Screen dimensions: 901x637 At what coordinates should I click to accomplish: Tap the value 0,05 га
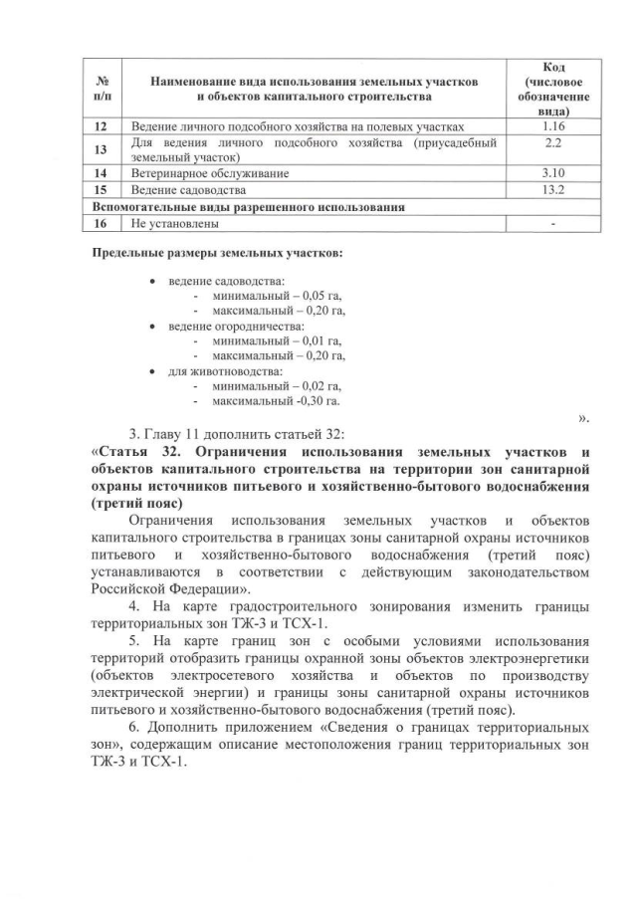point(318,297)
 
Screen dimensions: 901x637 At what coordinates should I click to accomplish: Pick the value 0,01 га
point(318,340)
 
